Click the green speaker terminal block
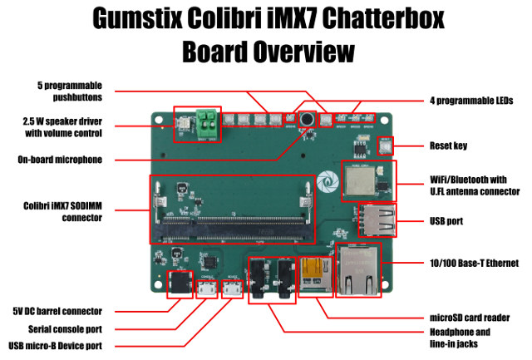[x=207, y=124]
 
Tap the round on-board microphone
[x=308, y=120]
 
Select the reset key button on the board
[x=386, y=146]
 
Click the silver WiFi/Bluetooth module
[x=360, y=181]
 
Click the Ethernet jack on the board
[x=358, y=270]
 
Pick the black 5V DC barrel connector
[x=180, y=284]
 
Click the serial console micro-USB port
[x=207, y=288]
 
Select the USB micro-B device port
[x=233, y=288]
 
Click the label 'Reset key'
[x=449, y=145]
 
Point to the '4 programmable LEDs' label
[x=471, y=101]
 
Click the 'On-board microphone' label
[x=60, y=160]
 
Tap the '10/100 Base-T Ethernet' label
[x=475, y=263]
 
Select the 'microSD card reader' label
[x=470, y=318]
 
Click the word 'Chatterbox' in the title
[x=383, y=17]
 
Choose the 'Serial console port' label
[x=65, y=329]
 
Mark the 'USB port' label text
[x=446, y=221]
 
